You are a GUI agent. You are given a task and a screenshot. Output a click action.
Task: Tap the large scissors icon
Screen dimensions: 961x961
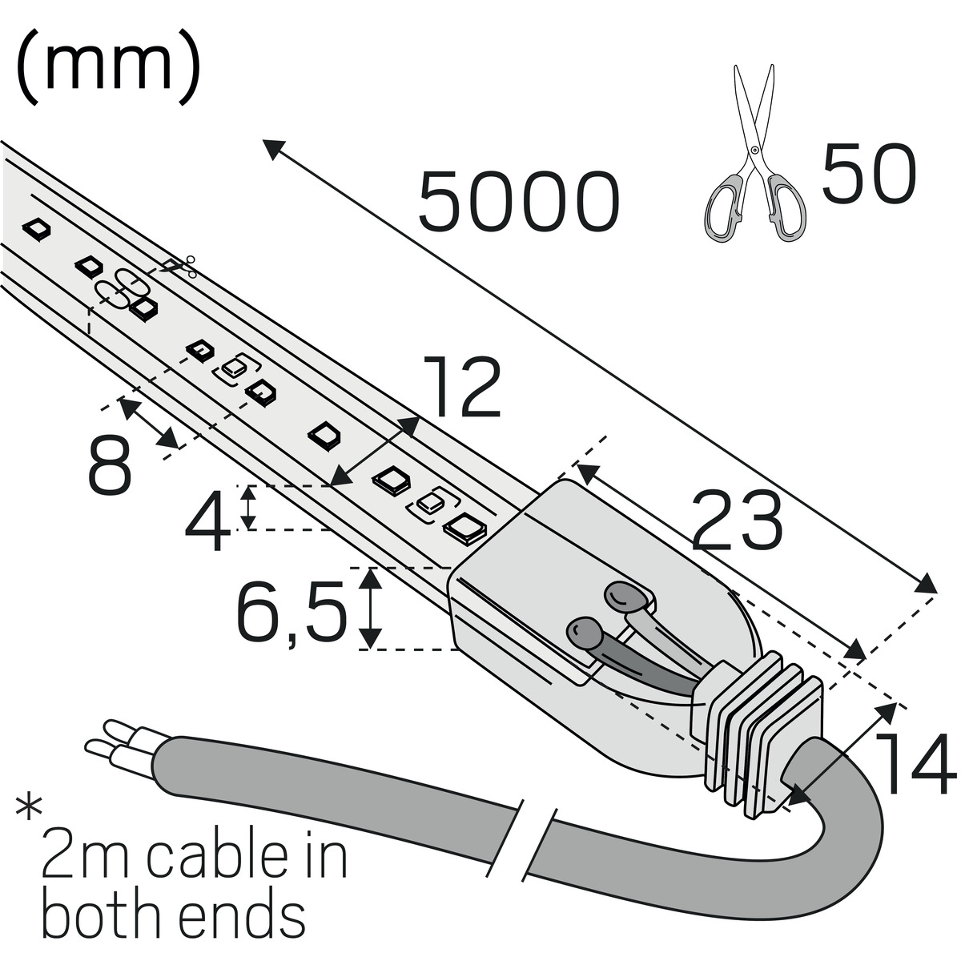(x=753, y=152)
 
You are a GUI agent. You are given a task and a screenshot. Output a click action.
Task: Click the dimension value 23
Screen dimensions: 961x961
(x=736, y=520)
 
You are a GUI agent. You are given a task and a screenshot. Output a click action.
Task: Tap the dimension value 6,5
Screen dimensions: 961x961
(x=292, y=611)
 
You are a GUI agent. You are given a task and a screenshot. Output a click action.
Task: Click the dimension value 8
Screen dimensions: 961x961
(x=110, y=464)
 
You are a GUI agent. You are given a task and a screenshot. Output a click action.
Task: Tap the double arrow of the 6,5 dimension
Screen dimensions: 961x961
(x=370, y=608)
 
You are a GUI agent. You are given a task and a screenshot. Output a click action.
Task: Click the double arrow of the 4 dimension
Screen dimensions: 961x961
(x=250, y=508)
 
